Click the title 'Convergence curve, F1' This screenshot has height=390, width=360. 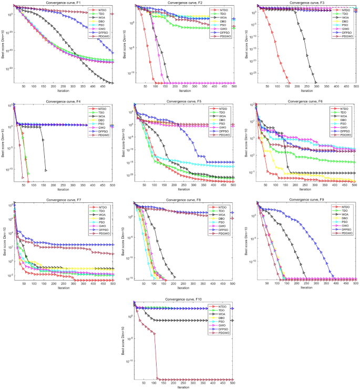coord(64,3)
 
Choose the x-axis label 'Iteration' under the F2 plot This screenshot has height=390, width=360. coord(184,90)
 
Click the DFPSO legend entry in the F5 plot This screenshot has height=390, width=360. coord(226,131)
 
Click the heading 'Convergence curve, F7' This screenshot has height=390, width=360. coord(64,200)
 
